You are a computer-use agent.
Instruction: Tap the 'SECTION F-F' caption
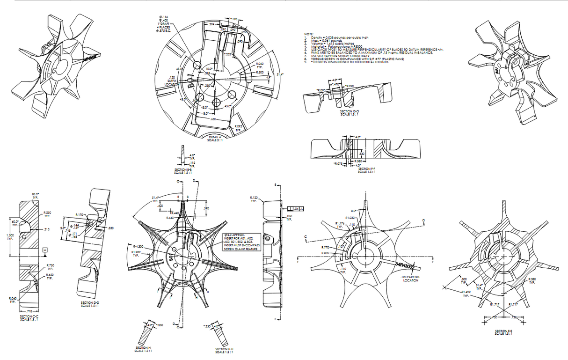(x=367, y=170)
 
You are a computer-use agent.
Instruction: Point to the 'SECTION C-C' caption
(x=29, y=318)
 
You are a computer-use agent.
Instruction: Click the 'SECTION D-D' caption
(x=90, y=304)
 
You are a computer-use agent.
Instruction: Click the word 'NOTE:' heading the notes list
(x=308, y=34)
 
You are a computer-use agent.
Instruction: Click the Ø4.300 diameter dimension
(x=139, y=246)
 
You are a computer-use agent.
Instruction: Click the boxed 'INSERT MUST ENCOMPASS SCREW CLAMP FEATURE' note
(x=241, y=242)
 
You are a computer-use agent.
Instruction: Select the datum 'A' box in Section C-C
(x=44, y=250)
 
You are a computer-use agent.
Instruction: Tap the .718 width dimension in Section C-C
(x=28, y=311)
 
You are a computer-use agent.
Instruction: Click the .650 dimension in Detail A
(x=213, y=120)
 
